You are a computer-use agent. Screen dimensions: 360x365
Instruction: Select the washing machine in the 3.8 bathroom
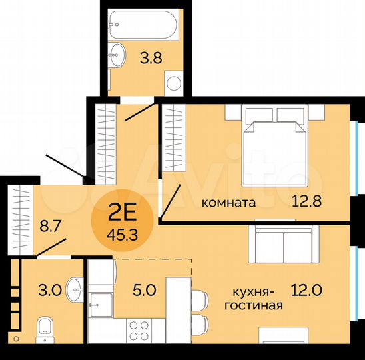174,84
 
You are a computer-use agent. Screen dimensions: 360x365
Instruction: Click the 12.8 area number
307,200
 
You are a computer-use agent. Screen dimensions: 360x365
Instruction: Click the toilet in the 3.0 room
45,326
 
